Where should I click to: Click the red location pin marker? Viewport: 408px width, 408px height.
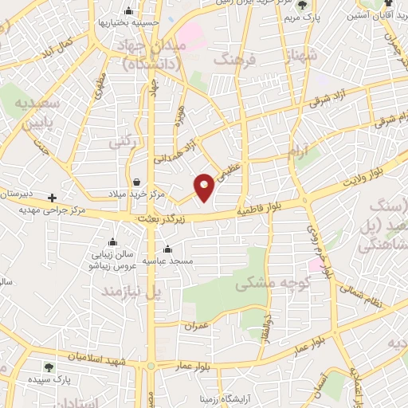[205, 186]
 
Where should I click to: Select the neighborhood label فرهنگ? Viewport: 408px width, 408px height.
[237, 61]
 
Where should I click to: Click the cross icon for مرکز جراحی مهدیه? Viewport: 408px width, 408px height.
[53, 198]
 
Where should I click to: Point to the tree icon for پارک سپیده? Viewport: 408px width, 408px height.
[49, 367]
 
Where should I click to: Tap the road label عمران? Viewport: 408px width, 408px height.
[194, 326]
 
